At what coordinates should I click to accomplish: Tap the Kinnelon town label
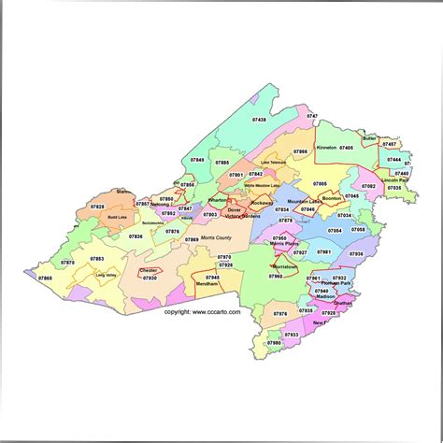point(326,147)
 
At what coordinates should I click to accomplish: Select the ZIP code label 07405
point(347,147)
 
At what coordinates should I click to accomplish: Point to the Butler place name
point(370,138)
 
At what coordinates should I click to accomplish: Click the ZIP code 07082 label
point(368,186)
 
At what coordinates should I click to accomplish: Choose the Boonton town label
point(333,198)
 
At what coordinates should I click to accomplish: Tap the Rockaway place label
point(263,202)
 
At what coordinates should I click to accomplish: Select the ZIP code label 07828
point(97,206)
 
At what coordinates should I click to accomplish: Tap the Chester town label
point(148,271)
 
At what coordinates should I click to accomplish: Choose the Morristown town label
point(283,266)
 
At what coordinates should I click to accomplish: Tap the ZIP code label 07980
point(273,343)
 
